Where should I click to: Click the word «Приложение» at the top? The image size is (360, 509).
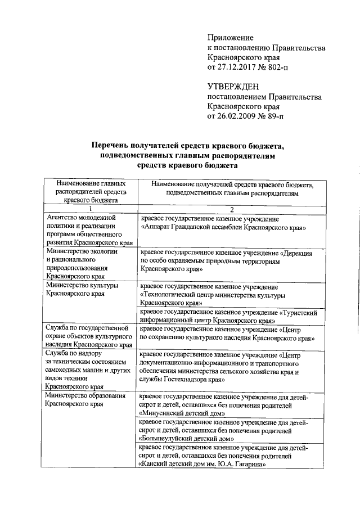(x=231, y=37)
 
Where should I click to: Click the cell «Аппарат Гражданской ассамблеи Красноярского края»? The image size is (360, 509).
(x=223, y=229)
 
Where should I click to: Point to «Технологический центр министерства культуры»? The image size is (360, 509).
(x=211, y=295)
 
